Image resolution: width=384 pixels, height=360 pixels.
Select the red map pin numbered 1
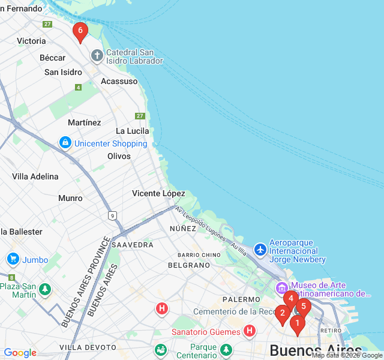coord(296,324)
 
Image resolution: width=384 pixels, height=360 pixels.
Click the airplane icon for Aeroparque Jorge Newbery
coord(260,248)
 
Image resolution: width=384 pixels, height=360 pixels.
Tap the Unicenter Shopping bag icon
coord(65,143)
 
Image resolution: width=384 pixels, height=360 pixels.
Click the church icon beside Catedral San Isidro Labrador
coord(97,56)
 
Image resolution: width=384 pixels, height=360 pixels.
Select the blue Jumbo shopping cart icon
coord(13,259)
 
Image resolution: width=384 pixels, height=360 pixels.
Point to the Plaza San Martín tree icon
coord(44,290)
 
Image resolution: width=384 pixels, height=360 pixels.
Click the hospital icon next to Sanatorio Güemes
coord(249,331)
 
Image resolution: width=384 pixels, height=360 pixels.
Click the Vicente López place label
coord(158,193)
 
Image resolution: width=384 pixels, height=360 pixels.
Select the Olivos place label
coord(119,156)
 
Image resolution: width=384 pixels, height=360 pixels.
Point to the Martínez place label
coord(85,122)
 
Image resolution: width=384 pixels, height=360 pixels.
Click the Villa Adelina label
coord(35,176)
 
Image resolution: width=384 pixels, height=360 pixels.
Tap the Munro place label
coord(70,198)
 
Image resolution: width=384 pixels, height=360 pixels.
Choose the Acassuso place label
coord(119,81)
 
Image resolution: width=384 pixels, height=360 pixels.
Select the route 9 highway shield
coord(112,215)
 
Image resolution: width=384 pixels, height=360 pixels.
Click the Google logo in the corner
coord(20,353)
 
